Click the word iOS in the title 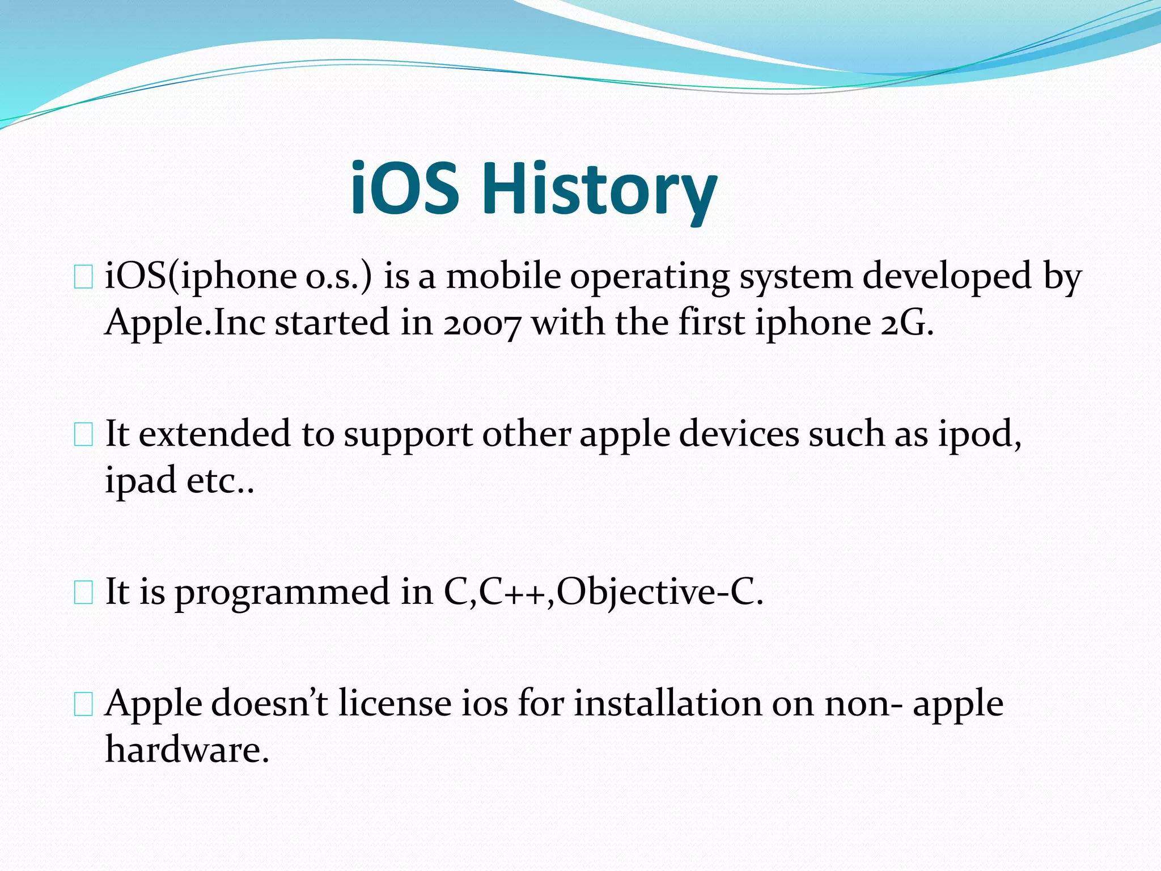coord(404,189)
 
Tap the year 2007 coord(481,323)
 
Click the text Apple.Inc coord(185,323)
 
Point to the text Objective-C coord(659,592)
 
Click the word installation coord(668,704)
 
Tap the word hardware coord(187,750)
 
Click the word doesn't coord(270,704)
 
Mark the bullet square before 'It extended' coord(83,435)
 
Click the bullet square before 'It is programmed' coord(83,593)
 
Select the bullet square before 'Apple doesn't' coord(83,705)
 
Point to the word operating coord(650,278)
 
